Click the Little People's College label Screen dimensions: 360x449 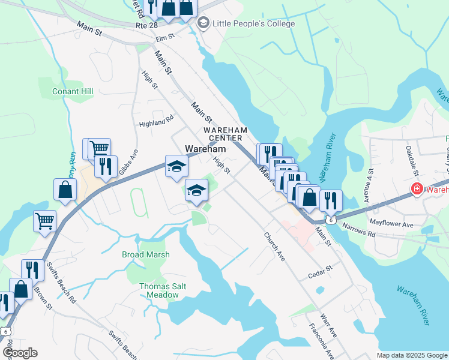pos(253,23)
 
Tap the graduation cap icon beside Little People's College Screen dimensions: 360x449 pos(203,23)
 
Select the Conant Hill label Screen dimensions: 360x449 pos(73,91)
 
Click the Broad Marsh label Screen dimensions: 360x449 pos(146,254)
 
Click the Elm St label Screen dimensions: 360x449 pos(164,37)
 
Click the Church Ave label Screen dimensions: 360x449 pos(274,246)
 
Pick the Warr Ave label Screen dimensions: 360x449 pos(328,325)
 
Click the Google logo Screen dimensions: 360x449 pos(20,352)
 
